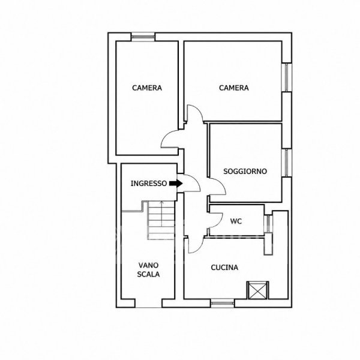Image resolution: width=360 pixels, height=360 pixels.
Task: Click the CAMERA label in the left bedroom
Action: [147, 88]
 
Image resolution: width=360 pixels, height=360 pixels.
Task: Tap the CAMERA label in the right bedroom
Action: [234, 88]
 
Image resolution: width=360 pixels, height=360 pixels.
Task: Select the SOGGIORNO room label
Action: [245, 171]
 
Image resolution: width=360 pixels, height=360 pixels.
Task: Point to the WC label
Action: [236, 221]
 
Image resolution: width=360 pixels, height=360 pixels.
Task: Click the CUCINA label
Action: [224, 268]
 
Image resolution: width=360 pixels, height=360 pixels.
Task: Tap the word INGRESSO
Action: [149, 184]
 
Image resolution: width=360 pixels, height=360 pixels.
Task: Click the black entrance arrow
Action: [176, 184]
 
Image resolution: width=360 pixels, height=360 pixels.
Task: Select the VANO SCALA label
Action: [148, 270]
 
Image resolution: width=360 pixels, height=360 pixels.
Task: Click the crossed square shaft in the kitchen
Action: [258, 290]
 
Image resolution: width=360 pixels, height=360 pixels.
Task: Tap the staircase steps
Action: [161, 220]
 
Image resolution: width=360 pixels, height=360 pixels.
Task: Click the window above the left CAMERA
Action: [143, 37]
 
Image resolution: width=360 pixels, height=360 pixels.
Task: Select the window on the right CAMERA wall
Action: [287, 77]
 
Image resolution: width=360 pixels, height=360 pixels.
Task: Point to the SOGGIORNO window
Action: [287, 163]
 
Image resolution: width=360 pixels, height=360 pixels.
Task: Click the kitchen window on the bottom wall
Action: [223, 303]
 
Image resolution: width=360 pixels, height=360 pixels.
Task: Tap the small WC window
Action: [268, 224]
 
